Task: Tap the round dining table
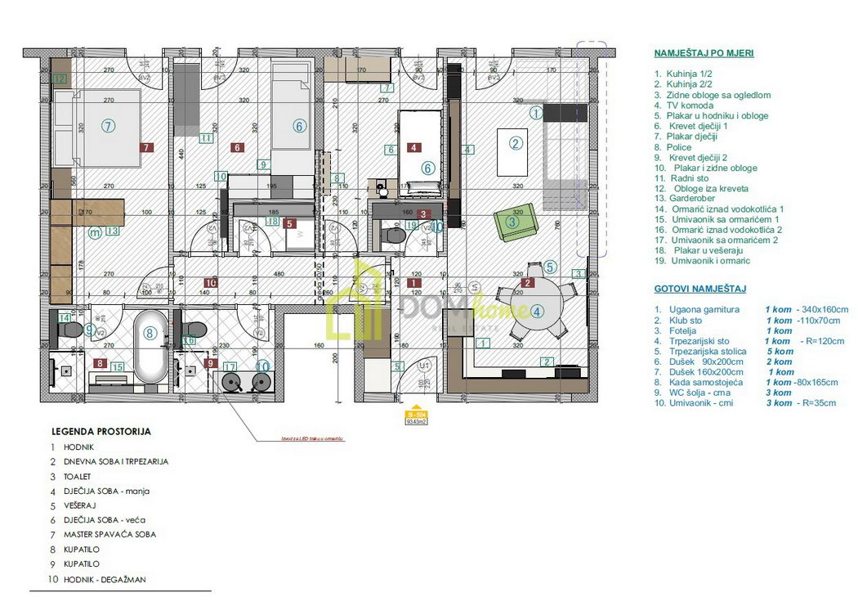coord(536,312)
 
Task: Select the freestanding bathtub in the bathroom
coord(151,347)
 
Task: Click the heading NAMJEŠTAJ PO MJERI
coord(704,52)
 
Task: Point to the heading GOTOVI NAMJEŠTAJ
coord(699,289)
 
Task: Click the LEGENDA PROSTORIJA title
coord(101,431)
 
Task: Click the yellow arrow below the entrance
coord(416,408)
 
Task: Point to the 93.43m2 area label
coord(416,421)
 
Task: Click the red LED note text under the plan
coord(308,439)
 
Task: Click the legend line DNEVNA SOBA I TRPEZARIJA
coord(121,461)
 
